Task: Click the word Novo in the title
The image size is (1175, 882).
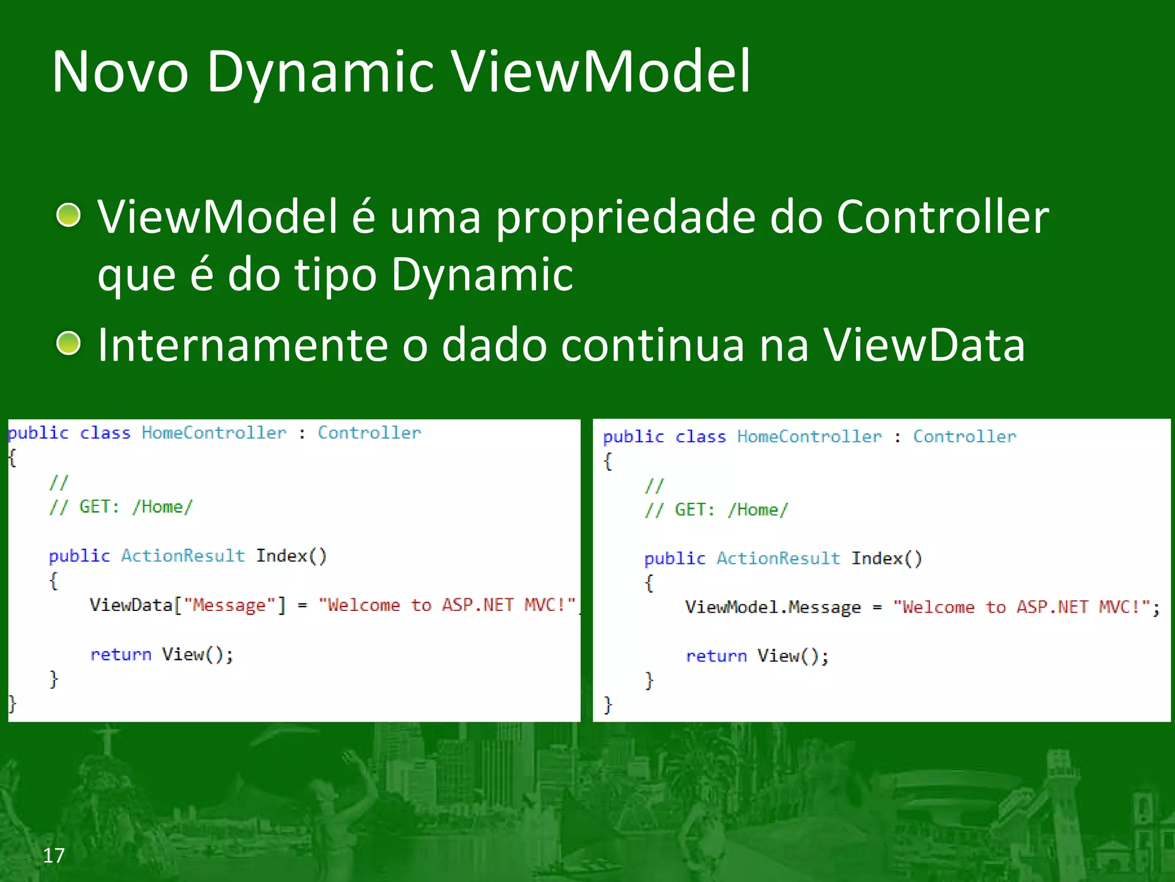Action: point(120,72)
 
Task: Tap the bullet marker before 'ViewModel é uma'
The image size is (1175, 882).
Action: point(69,215)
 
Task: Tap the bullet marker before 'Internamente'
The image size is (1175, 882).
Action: point(69,343)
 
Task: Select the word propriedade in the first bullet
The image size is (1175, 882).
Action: point(625,218)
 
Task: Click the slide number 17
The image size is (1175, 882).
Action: point(53,856)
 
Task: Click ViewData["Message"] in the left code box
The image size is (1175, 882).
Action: point(187,605)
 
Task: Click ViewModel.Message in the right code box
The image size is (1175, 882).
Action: point(772,608)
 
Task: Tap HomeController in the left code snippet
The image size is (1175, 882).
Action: point(213,433)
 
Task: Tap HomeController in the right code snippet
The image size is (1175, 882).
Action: point(809,437)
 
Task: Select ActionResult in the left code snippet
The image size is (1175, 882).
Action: point(182,556)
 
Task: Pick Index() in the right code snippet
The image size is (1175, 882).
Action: point(886,559)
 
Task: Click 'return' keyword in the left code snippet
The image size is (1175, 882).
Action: point(120,655)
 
